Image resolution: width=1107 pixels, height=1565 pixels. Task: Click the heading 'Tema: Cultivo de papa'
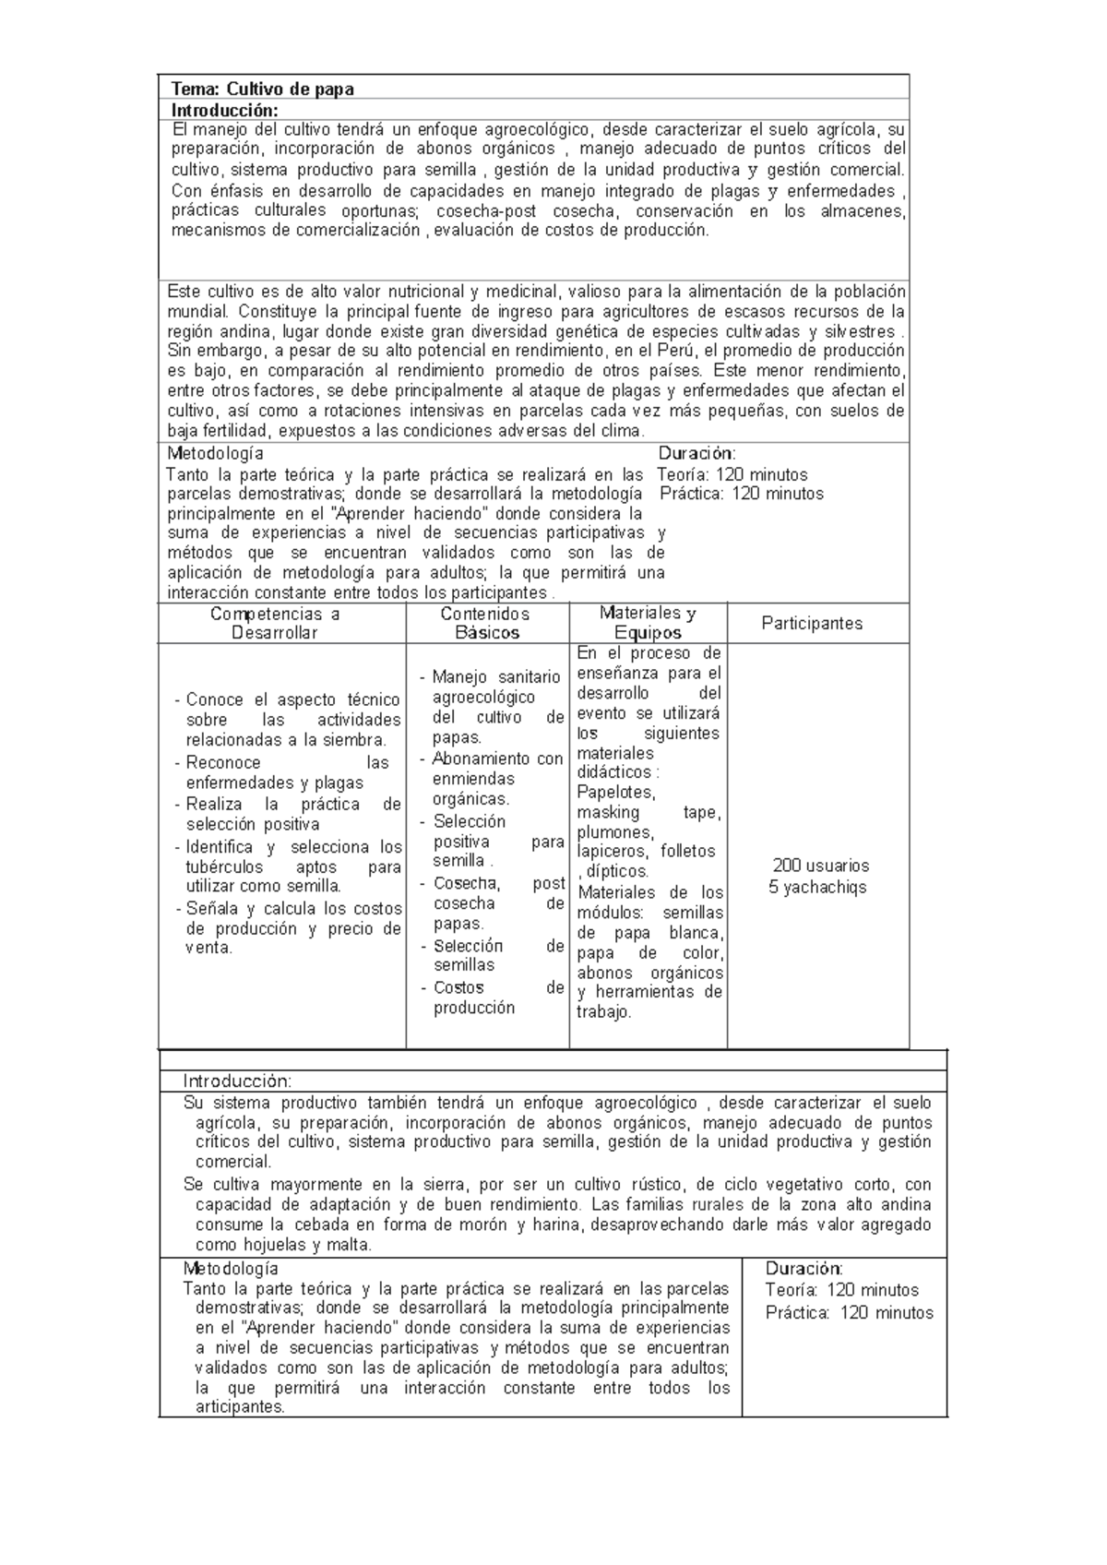263,89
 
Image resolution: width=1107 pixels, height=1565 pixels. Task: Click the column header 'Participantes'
812,623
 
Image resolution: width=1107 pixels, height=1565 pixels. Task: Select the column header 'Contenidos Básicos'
486,623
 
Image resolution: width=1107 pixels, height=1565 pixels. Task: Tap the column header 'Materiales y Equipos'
648,623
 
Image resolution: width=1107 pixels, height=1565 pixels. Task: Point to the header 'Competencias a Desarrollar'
275,623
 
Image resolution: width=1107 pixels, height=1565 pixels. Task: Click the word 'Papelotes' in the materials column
616,792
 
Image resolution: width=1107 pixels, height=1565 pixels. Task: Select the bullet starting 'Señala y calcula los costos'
293,927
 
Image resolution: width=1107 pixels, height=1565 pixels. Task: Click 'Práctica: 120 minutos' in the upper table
742,494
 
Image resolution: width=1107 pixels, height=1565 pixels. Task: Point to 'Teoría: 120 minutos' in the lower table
841,1290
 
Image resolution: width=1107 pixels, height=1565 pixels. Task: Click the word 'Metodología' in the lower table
231,1269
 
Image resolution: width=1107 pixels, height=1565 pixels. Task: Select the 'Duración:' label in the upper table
696,453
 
